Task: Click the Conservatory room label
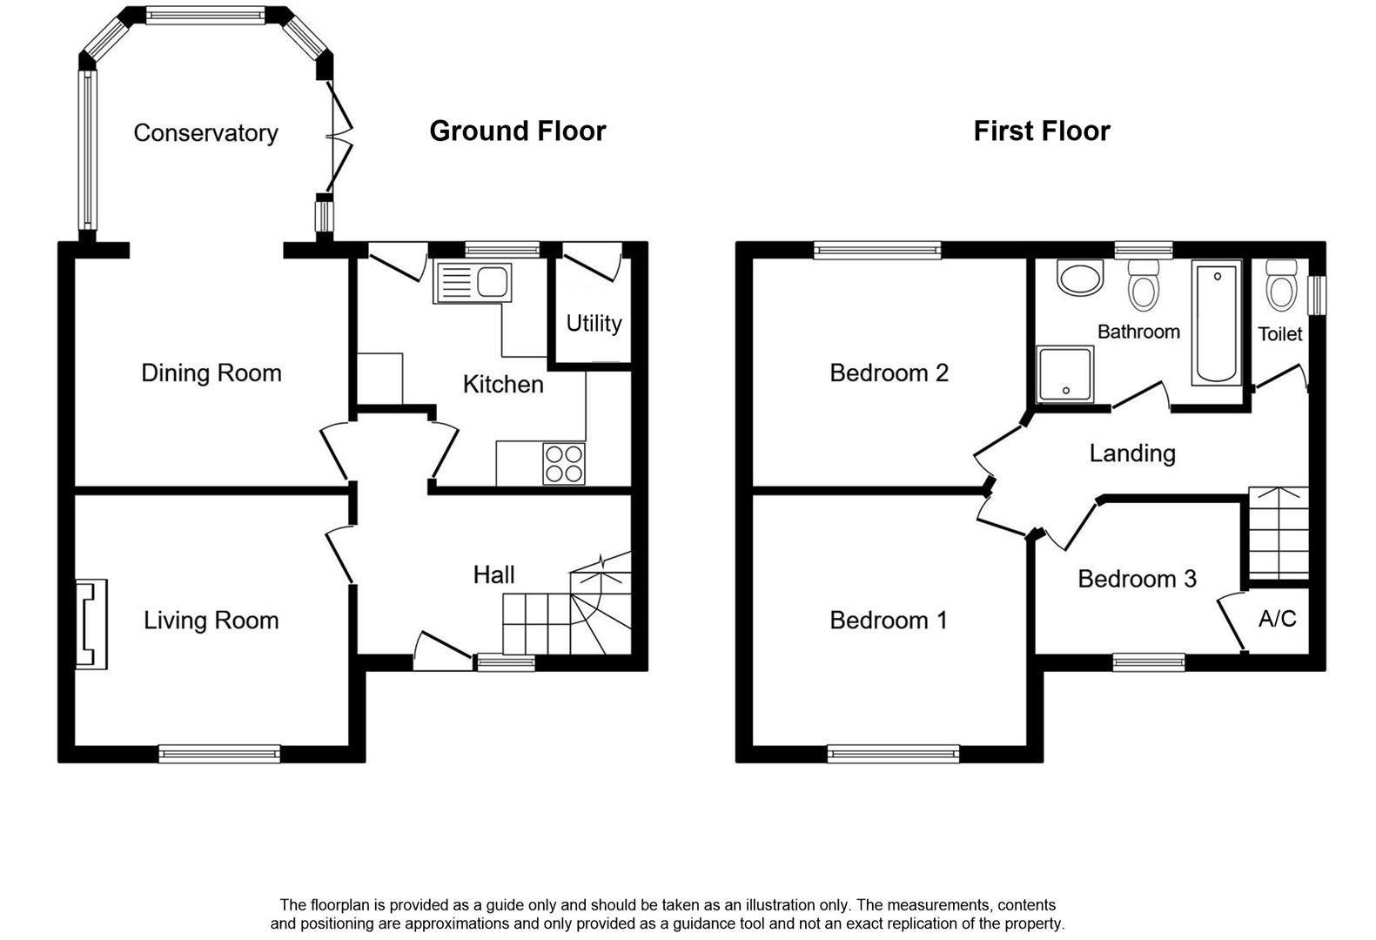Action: click(x=205, y=133)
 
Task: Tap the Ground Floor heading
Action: click(x=517, y=131)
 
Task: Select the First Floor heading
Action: click(x=1041, y=131)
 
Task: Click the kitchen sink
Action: click(x=473, y=283)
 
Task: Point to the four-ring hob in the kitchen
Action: click(x=564, y=463)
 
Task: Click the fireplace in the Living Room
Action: click(x=91, y=624)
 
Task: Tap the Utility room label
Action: click(x=594, y=324)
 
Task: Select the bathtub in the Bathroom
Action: click(x=1217, y=323)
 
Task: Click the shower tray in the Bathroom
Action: click(x=1064, y=374)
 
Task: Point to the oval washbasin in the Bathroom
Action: click(x=1079, y=279)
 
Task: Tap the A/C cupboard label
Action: click(x=1277, y=619)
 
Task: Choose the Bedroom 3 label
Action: click(x=1137, y=579)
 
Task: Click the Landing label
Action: click(x=1131, y=453)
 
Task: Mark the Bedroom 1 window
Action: click(x=893, y=754)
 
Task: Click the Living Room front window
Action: click(x=219, y=754)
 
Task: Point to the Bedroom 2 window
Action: click(x=877, y=251)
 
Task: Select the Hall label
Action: click(x=493, y=574)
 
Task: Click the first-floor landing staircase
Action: click(x=1279, y=533)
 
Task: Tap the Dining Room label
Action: click(x=211, y=373)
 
